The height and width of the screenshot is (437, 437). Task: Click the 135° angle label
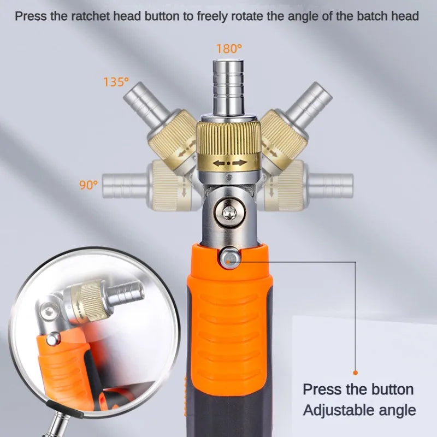116,82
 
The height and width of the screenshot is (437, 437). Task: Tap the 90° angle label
87,185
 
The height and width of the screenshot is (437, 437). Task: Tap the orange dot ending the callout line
356,372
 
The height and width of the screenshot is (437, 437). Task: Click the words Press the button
358,389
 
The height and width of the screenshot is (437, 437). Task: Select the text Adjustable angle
359,410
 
